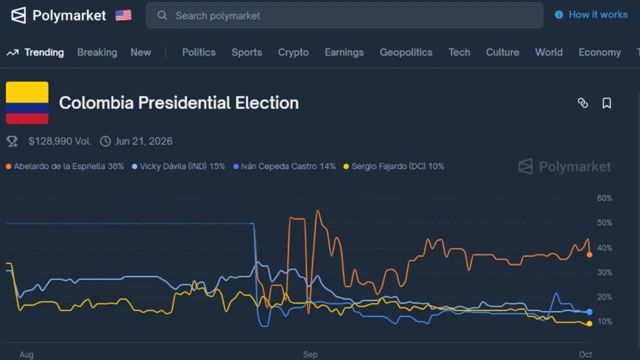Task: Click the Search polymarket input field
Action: [345, 15]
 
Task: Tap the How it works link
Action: [597, 15]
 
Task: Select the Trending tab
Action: [44, 52]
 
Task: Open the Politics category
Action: [199, 52]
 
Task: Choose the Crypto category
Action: [293, 52]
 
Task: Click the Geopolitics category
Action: [406, 52]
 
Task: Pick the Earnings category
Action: [344, 52]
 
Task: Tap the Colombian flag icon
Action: [27, 102]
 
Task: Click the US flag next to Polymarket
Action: [123, 15]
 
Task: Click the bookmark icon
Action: [606, 103]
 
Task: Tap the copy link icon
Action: [582, 103]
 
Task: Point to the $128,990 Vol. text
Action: [59, 141]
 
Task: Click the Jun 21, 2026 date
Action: [143, 141]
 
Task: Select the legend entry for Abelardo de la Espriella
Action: [68, 166]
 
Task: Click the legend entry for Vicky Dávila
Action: [182, 166]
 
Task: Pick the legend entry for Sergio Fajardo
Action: [397, 166]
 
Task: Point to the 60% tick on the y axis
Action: [604, 198]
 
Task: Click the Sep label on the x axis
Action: [310, 354]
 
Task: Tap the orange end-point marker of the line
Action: [589, 254]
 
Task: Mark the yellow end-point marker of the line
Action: [589, 323]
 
